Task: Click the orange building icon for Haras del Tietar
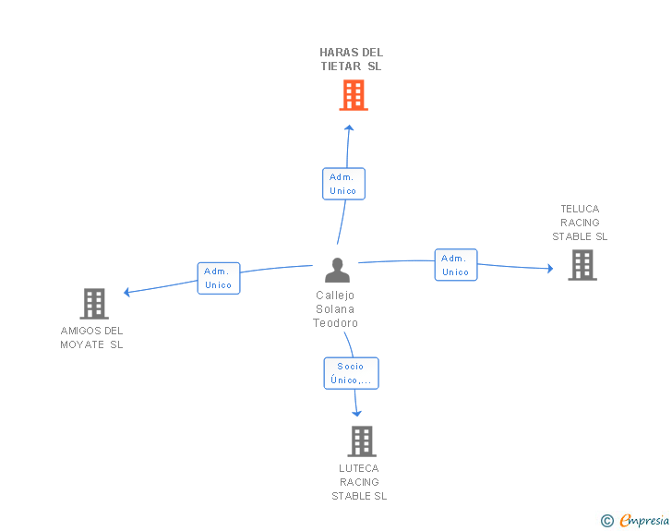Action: [354, 95]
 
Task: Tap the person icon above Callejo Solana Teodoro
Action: [337, 270]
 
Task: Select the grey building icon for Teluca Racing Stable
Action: [582, 265]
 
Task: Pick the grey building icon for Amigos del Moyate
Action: [94, 304]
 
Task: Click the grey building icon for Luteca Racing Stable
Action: [362, 440]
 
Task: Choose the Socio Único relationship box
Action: [351, 373]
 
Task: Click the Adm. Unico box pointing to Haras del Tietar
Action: [343, 184]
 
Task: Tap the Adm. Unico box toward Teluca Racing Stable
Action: [456, 265]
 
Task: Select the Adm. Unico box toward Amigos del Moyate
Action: [219, 278]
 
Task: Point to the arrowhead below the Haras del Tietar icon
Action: [349, 127]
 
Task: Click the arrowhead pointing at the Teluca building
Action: [550, 269]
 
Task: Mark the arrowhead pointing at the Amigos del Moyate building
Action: [126, 292]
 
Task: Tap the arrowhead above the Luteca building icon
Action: [356, 414]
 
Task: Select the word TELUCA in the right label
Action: [580, 209]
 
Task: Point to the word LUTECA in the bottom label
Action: [359, 468]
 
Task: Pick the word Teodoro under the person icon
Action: [335, 323]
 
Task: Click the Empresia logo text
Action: [644, 520]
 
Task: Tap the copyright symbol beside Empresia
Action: [607, 521]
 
